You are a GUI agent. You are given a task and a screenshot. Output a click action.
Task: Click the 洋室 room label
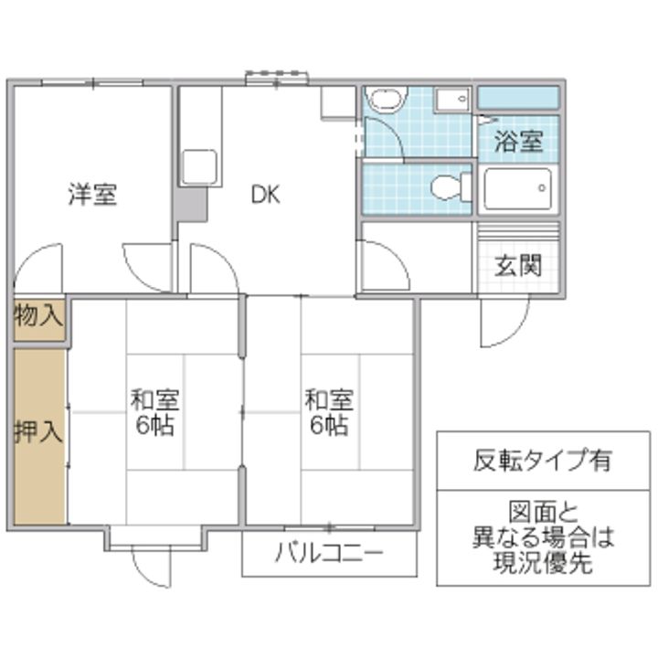pos(92,195)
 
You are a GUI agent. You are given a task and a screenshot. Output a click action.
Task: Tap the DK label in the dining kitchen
pos(265,195)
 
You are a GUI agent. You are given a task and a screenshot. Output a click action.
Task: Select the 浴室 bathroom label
pos(519,141)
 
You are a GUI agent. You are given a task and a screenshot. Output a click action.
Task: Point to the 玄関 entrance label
pos(519,265)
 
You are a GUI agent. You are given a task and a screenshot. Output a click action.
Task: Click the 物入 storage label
pos(38,315)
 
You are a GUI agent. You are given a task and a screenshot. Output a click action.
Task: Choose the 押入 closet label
pos(38,431)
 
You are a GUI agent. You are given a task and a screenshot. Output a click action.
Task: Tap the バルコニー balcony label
pos(329,553)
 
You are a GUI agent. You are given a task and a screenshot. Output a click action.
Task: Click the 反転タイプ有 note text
pos(542,460)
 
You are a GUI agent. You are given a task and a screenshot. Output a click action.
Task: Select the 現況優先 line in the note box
pos(543,561)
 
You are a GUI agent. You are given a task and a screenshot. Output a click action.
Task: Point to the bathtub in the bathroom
pos(518,189)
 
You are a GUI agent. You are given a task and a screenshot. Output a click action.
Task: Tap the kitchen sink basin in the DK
pos(200,167)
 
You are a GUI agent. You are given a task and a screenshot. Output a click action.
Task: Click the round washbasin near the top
pos(386,99)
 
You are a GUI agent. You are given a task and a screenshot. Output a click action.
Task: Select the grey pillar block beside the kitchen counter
pos(191,205)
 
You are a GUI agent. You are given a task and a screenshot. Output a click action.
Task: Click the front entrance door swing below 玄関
pos(504,322)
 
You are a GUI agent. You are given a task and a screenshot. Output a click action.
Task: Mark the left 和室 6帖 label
pos(154,412)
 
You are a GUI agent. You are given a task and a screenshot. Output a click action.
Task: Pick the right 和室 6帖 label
pos(329,412)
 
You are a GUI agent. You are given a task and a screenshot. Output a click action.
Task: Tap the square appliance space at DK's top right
pos(338,103)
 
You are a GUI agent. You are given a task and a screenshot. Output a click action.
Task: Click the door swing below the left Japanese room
pos(151,567)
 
